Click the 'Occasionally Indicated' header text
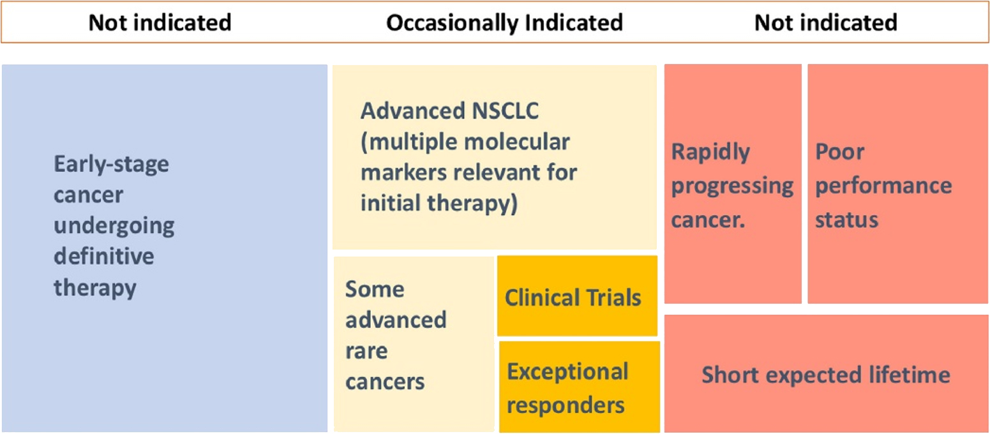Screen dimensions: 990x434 pyautogui.click(x=504, y=23)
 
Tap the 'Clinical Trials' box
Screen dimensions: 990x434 pyautogui.click(x=577, y=296)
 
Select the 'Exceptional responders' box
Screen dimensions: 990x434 pyautogui.click(x=580, y=387)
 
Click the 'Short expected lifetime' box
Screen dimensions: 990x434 pyautogui.click(x=826, y=373)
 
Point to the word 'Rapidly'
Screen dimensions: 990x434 pyautogui.click(x=710, y=153)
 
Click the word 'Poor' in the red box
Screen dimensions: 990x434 pyautogui.click(x=840, y=152)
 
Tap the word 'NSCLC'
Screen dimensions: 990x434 pyautogui.click(x=505, y=110)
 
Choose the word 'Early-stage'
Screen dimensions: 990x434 pyautogui.click(x=111, y=165)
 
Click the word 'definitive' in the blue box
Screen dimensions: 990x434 pyautogui.click(x=104, y=257)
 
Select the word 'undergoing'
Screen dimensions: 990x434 pyautogui.click(x=114, y=227)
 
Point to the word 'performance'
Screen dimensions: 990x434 pyautogui.click(x=883, y=186)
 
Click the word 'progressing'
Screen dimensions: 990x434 pyautogui.click(x=732, y=186)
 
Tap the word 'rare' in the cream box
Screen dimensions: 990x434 pyautogui.click(x=366, y=352)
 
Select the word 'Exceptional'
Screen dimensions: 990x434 pyautogui.click(x=567, y=371)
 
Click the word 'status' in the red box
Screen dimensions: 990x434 pyautogui.click(x=846, y=220)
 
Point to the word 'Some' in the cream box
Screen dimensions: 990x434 pyautogui.click(x=375, y=290)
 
